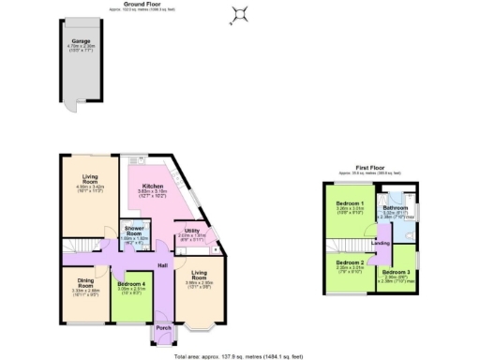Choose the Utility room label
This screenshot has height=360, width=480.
[x=191, y=230]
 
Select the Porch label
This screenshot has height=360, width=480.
[x=162, y=328]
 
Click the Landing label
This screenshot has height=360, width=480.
[x=380, y=244]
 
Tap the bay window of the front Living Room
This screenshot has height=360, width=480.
[x=199, y=328]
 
